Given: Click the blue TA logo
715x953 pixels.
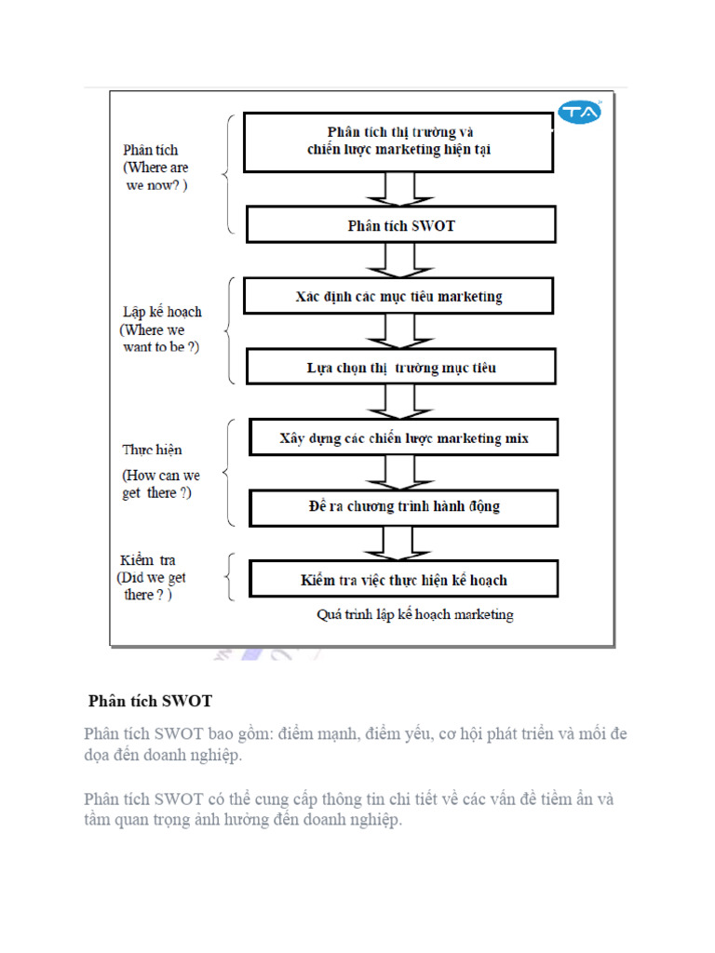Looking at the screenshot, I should tap(580, 113).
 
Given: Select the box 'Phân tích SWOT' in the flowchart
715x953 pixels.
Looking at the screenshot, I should tap(401, 225).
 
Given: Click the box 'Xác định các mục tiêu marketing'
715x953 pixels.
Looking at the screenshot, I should tap(398, 297).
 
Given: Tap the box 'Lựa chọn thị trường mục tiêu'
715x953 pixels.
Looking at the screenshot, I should tap(401, 367).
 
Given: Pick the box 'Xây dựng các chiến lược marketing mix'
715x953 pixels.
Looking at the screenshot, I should tap(403, 437).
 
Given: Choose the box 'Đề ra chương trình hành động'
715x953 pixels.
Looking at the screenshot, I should tap(403, 507).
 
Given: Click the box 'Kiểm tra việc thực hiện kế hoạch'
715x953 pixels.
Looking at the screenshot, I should tap(403, 579).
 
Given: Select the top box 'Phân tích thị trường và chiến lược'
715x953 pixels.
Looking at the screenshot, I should tap(398, 141).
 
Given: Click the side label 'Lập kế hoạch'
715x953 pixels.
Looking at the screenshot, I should tap(162, 312).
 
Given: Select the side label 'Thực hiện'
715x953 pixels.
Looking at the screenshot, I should tap(152, 450).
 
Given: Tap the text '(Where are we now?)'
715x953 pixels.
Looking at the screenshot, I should tap(155, 176).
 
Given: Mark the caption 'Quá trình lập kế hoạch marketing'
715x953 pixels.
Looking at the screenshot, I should tap(415, 615).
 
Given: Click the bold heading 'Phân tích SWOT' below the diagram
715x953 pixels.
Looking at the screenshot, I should tap(150, 701).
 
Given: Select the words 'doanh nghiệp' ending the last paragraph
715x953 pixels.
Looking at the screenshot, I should tap(357, 820).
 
